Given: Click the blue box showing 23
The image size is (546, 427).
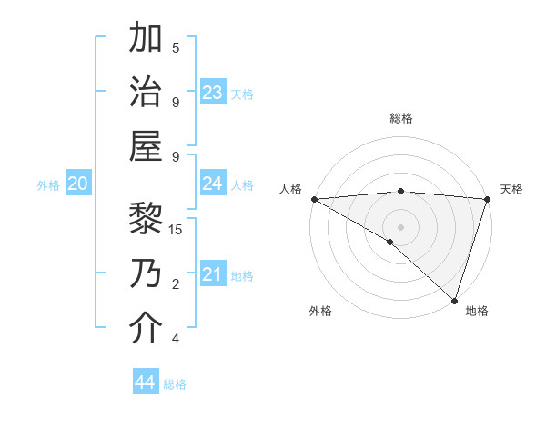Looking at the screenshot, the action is (213, 92).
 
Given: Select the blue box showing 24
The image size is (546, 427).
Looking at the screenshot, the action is (213, 184).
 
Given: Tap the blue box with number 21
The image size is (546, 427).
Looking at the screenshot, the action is (213, 274).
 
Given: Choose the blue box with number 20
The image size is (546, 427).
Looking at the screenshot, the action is (78, 184).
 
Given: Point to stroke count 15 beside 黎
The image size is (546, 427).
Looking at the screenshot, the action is (177, 229).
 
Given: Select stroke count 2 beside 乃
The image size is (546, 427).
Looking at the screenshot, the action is (176, 284).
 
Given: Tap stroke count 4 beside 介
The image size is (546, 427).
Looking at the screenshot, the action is (176, 339).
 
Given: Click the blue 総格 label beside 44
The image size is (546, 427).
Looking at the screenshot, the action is (176, 384).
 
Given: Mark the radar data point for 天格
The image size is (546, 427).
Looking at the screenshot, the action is (488, 199).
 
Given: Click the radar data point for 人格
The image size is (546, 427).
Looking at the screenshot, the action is (313, 199).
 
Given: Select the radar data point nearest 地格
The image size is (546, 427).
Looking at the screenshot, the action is (454, 299).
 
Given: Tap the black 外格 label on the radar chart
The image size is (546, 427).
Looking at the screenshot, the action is (320, 311).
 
